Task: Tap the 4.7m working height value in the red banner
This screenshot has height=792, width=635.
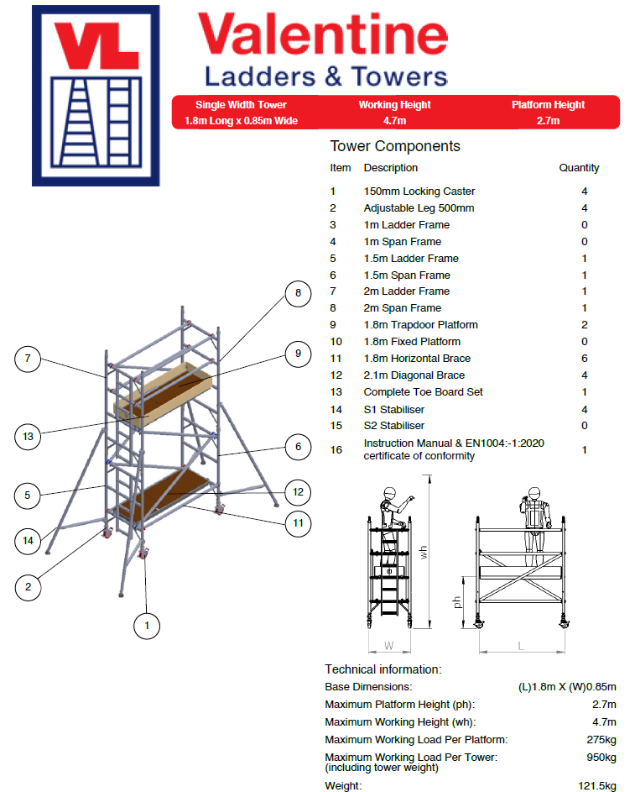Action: [394, 121]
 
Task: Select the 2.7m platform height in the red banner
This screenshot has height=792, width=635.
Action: [548, 121]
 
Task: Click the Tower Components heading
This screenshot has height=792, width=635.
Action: [394, 146]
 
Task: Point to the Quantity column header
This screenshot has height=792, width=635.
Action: [579, 168]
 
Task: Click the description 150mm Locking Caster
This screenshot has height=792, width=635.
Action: [419, 191]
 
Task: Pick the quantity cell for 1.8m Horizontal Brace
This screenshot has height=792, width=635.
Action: [584, 359]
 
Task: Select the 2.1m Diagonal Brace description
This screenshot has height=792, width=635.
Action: [414, 375]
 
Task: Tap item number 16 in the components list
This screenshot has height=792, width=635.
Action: [336, 449]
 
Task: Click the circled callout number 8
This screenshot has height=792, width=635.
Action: [296, 294]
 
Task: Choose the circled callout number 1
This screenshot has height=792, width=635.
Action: [147, 625]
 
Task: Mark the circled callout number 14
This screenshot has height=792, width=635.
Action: [29, 541]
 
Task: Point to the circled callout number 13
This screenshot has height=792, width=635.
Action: [29, 436]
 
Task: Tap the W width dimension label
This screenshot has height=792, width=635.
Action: [388, 646]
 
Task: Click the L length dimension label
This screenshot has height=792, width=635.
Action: [521, 646]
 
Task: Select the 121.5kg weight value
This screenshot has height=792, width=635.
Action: [596, 786]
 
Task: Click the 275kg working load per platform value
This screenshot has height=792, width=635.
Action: [601, 740]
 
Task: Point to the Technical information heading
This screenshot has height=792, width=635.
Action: [383, 669]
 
